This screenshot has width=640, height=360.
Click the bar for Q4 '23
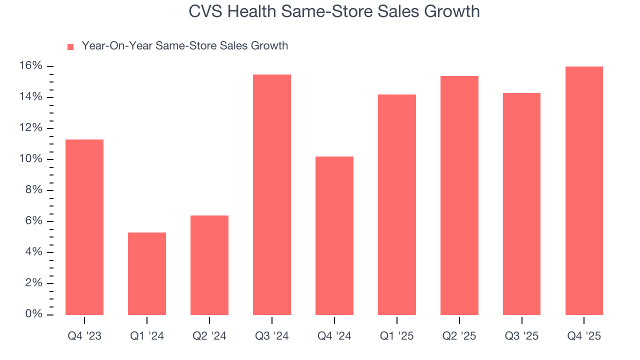point(84,227)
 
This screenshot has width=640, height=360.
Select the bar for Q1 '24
point(147,274)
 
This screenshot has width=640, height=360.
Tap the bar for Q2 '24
point(209,265)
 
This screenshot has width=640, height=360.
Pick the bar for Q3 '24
point(272,195)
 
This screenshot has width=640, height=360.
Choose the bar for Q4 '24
point(334,236)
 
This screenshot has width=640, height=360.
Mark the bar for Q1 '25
point(397,205)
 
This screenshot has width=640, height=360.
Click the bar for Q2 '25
point(459,195)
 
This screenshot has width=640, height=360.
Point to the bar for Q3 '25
point(521,204)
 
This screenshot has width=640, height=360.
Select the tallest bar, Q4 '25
point(584,191)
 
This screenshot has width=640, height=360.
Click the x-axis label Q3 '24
point(272,336)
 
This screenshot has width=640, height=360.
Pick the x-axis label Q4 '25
point(584,336)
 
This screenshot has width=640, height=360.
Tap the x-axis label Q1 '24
point(147,336)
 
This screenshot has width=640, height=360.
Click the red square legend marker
point(70,46)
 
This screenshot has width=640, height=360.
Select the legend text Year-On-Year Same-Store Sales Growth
point(185,46)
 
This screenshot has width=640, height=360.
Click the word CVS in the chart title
point(206,11)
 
